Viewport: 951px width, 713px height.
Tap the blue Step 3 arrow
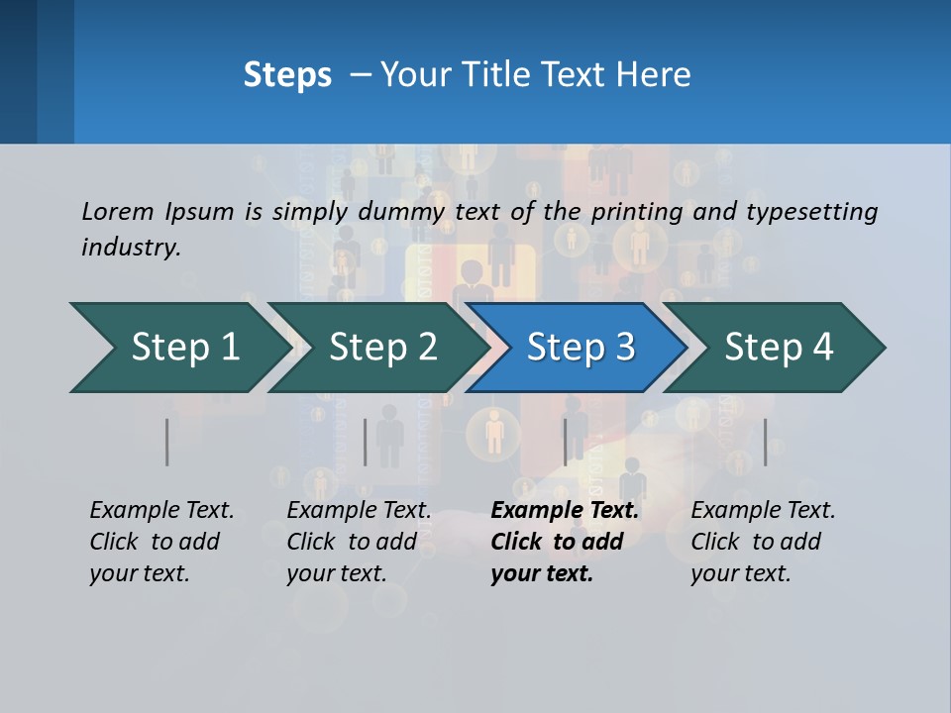581,348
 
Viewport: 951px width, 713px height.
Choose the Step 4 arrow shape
779,348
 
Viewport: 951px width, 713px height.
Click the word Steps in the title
287,75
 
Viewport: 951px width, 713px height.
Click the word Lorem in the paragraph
116,211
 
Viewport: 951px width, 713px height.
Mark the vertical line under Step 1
167,442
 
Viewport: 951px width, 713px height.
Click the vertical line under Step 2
366,442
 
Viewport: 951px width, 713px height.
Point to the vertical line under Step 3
566,442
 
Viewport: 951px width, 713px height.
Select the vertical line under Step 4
765,442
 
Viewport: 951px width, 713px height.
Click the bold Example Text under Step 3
565,511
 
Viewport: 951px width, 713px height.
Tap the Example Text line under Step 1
161,511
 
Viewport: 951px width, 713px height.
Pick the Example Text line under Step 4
763,511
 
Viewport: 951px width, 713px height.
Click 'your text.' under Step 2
337,573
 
